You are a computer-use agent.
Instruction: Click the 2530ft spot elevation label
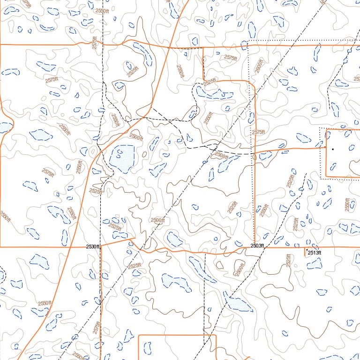pos(93,247)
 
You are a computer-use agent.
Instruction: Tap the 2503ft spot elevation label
pos(257,246)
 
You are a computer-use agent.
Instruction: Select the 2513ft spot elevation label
pos(315,253)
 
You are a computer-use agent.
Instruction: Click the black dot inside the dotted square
pos(332,149)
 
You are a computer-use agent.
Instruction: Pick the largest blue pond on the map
pos(122,158)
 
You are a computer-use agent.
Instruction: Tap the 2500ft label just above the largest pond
pos(136,137)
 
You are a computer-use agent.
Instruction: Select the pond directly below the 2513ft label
pos(314,264)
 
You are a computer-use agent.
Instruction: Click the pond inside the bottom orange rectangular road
pos(147,347)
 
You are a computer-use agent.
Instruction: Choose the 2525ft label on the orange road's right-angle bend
pos(210,82)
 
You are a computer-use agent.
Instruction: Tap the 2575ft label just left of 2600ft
pos(230,58)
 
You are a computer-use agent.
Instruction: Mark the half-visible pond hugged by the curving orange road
pos(5,127)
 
